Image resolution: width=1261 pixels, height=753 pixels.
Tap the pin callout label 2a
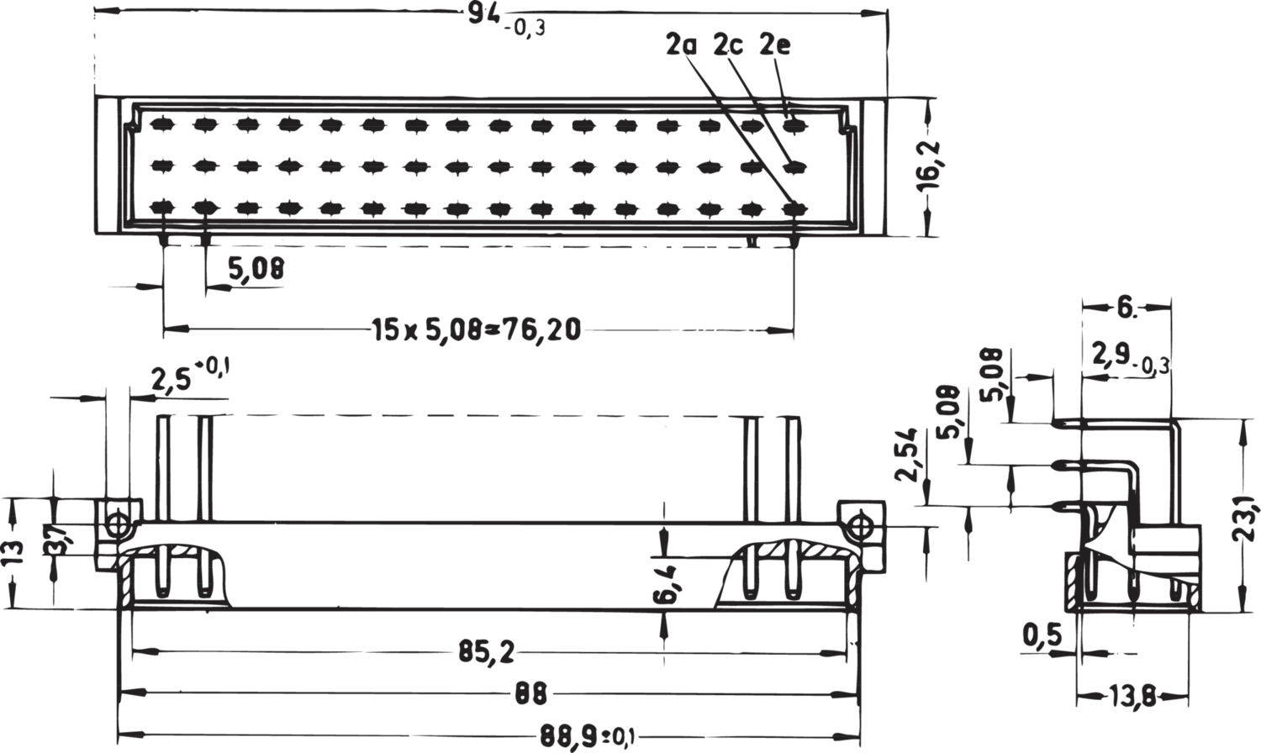tap(681, 45)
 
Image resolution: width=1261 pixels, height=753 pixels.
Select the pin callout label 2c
tap(729, 45)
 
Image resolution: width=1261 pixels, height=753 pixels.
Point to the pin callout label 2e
tap(775, 45)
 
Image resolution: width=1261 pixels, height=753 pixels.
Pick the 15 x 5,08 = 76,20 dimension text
tap(477, 329)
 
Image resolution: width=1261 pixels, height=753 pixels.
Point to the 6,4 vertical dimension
tap(665, 585)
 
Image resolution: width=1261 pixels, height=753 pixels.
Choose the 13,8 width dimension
tap(1132, 698)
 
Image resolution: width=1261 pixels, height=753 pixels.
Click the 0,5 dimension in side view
tap(1042, 635)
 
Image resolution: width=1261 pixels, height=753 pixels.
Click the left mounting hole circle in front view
tap(117, 524)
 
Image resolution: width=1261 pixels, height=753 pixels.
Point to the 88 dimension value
tap(530, 693)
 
